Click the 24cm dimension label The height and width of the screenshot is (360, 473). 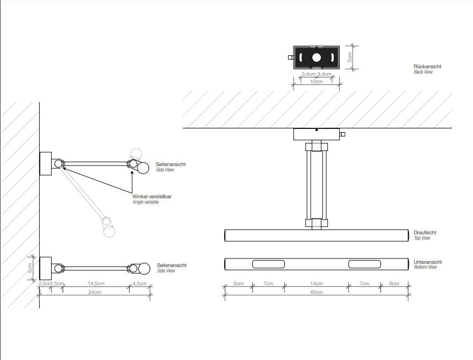[95, 292]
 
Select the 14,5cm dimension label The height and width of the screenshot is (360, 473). [96, 283]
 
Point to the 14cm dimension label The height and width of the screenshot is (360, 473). [316, 283]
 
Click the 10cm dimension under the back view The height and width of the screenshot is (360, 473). [317, 82]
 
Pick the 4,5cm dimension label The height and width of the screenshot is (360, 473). [139, 283]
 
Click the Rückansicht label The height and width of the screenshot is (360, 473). [427, 67]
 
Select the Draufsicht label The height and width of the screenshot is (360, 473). [425, 233]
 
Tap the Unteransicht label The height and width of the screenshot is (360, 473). [427, 262]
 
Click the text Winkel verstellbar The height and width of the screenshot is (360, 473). [152, 197]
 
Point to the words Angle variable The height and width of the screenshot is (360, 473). [146, 202]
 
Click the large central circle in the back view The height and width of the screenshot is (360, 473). [317, 57]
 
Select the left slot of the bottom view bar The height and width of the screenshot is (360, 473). [269, 264]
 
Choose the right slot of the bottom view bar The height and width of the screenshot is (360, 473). [364, 264]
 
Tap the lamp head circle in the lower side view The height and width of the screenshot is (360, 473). [143, 268]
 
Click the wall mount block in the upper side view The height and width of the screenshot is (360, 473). [45, 164]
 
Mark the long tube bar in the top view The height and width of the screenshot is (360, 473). [316, 235]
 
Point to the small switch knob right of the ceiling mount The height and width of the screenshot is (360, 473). [343, 134]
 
